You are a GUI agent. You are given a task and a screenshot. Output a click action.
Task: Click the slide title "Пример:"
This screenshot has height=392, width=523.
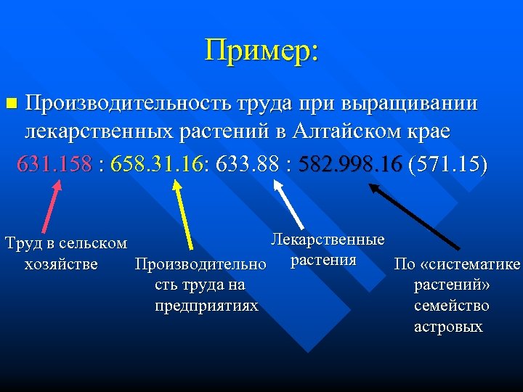pos(261,51)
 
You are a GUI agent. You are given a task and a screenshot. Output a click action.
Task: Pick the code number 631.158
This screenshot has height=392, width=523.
pos(54,163)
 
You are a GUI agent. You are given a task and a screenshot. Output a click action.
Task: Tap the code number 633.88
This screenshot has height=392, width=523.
pos(247,163)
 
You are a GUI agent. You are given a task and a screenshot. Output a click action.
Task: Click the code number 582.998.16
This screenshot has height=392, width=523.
pos(350,163)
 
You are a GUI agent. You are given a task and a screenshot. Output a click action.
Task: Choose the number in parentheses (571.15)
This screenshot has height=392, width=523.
pos(448,163)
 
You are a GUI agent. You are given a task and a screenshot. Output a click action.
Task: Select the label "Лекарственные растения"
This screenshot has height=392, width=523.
pos(327,250)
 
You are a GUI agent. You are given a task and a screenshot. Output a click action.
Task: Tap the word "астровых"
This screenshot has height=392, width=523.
pos(448,327)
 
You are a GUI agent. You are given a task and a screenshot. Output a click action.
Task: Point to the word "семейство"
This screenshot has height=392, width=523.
pos(451,306)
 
